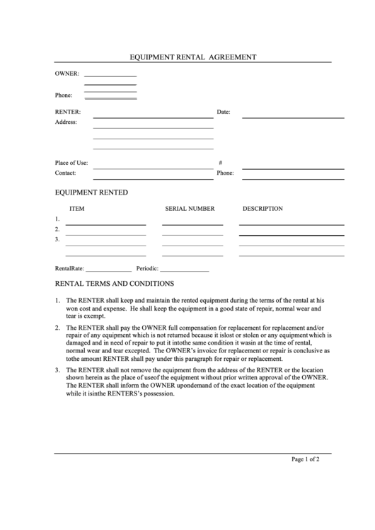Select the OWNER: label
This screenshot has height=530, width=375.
click(67, 74)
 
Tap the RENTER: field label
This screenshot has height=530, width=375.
click(68, 112)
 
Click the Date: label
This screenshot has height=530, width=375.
click(224, 112)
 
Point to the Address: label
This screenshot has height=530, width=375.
click(66, 122)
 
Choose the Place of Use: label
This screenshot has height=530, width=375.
click(71, 162)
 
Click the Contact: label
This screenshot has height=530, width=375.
click(65, 173)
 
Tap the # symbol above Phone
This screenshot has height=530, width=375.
click(221, 162)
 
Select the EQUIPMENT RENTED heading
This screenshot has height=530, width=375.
click(91, 192)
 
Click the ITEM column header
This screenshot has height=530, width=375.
click(77, 209)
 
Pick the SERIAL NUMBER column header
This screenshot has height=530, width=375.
click(190, 209)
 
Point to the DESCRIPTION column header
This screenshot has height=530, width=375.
click(262, 209)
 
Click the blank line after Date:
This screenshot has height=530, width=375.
click(293, 116)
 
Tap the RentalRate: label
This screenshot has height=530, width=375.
click(70, 269)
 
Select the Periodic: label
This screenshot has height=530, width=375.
click(148, 269)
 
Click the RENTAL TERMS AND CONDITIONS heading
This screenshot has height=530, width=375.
click(115, 283)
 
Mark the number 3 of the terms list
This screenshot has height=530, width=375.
click(57, 370)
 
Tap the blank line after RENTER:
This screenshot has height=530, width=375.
click(153, 116)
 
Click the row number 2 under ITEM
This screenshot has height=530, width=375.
click(57, 229)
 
